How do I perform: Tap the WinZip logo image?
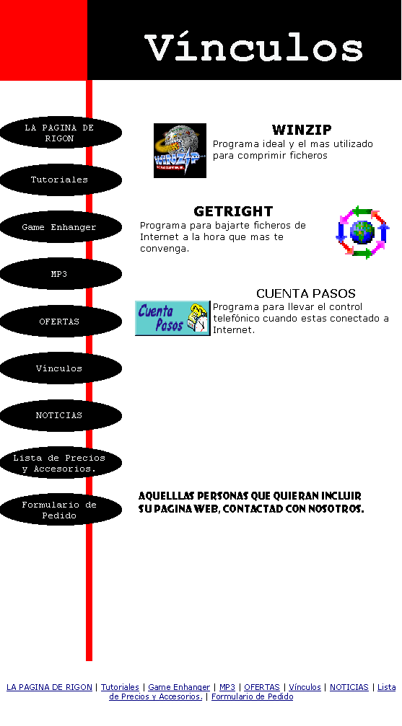180,151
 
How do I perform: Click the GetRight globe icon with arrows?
362,232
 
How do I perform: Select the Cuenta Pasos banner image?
172,318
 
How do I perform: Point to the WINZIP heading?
302,130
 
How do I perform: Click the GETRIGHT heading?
233,211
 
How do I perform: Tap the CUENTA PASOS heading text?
306,293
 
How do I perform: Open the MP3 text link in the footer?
227,687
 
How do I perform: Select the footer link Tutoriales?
120,687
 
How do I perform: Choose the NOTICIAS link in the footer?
349,687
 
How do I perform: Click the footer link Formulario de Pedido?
252,696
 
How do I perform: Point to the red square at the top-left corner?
43,40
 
